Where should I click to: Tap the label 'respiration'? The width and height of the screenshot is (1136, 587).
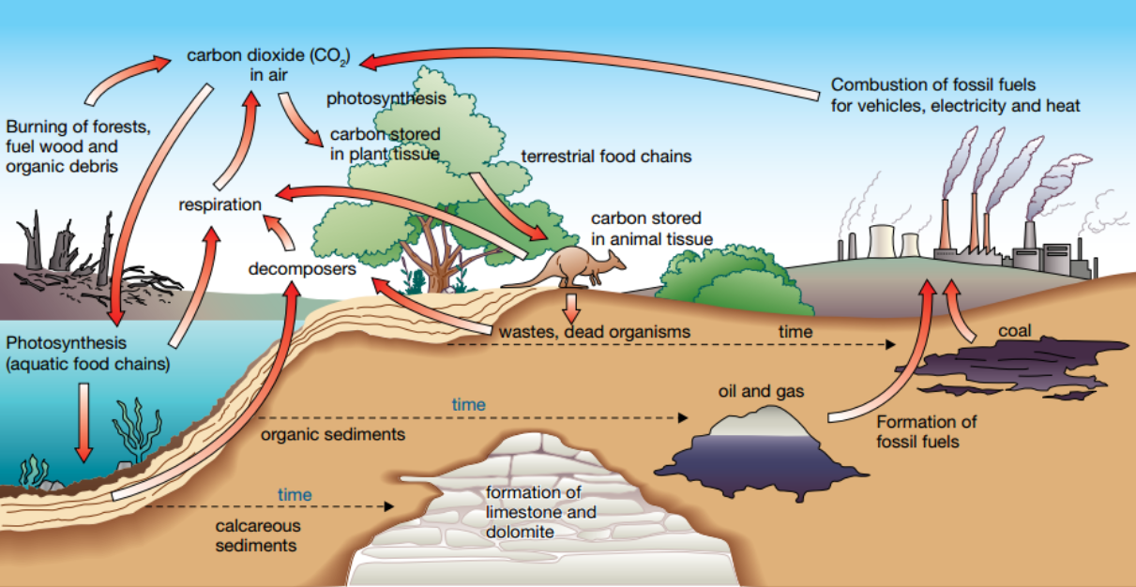[x=220, y=204]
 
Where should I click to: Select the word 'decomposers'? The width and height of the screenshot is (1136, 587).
[x=302, y=269]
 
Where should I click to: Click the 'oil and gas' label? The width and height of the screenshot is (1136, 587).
[x=762, y=390]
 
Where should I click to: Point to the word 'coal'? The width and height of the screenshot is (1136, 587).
[x=1015, y=331]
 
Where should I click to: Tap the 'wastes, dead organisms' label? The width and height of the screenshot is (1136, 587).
[x=595, y=332]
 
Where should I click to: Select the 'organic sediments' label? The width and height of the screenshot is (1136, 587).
[x=333, y=434]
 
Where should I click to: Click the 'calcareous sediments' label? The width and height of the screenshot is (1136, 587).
[x=256, y=535]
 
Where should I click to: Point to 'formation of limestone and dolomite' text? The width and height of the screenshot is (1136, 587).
[x=541, y=512]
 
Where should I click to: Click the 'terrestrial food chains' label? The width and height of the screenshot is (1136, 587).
[x=606, y=157]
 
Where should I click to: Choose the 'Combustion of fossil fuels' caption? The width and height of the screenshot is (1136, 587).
[x=955, y=96]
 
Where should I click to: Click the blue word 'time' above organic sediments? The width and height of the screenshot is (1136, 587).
[x=469, y=405]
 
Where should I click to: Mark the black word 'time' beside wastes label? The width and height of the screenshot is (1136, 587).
[x=795, y=332]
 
